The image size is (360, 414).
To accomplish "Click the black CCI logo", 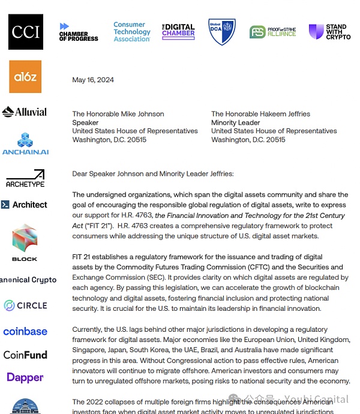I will pyautogui.click(x=26, y=32).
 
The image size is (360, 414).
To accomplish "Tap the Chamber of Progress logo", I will pyautogui.click(x=78, y=32).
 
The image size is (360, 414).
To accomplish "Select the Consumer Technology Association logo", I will pyautogui.click(x=132, y=32).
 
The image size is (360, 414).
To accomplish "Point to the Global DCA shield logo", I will pyautogui.click(x=221, y=31).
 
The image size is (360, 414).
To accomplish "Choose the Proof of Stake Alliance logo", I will pyautogui.click(x=273, y=32).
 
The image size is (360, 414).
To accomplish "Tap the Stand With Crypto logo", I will pyautogui.click(x=329, y=32).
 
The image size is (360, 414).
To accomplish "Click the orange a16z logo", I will pyautogui.click(x=26, y=76).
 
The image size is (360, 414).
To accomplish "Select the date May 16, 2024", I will pyautogui.click(x=93, y=80).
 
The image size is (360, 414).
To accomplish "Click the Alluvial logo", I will pyautogui.click(x=25, y=112).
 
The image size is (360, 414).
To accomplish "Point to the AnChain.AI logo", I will pyautogui.click(x=25, y=144).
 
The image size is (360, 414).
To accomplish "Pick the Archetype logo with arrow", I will pyautogui.click(x=25, y=178).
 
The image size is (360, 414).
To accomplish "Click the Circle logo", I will pyautogui.click(x=25, y=305).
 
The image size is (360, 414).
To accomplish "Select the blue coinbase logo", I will pyautogui.click(x=25, y=331).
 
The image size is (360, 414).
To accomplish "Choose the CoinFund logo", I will pyautogui.click(x=25, y=355).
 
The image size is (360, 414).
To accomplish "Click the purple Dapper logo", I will pyautogui.click(x=25, y=377).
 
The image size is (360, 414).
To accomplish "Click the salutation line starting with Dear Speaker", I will pyautogui.click(x=153, y=174).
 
